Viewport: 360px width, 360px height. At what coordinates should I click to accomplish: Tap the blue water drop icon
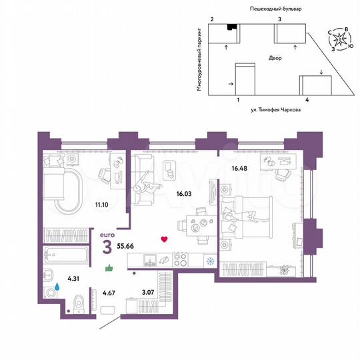click(x=57, y=287)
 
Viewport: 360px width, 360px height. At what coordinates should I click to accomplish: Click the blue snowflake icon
click(x=209, y=260)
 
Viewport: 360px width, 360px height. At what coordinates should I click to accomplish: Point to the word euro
click(x=107, y=235)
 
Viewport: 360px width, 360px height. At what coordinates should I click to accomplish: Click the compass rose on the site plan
click(x=341, y=40)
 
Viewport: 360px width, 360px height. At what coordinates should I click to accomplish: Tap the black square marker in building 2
click(x=231, y=27)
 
